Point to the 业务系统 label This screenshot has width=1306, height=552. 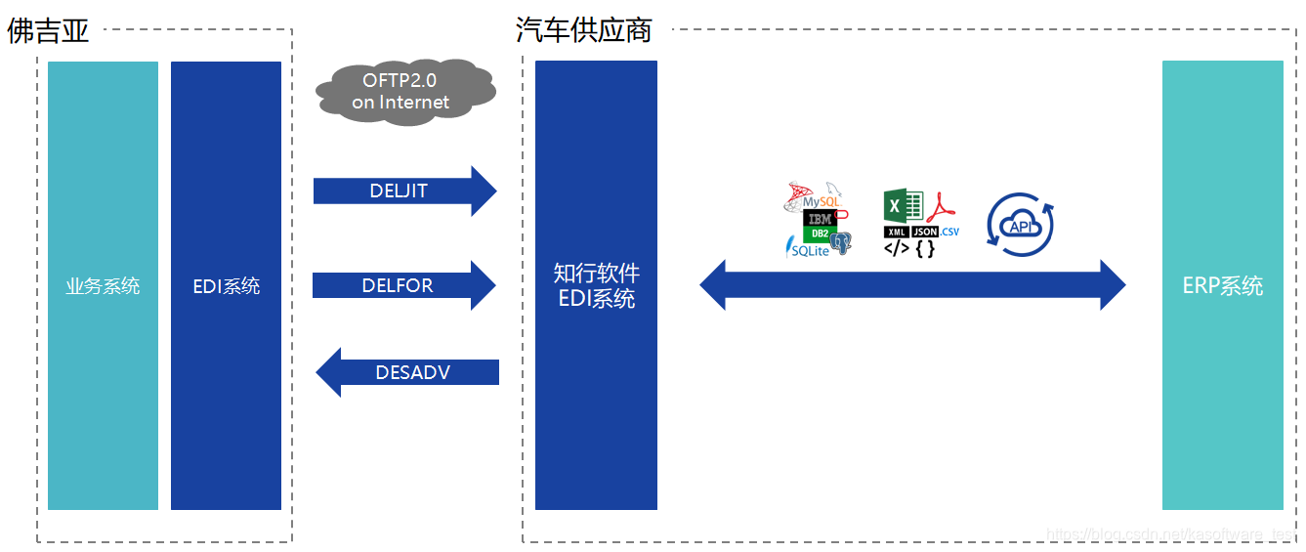103,286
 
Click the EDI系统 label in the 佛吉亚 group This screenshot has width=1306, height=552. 227,286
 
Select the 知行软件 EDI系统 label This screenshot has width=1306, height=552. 596,285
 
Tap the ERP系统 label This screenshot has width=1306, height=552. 1222,286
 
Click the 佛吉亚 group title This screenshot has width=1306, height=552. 49,31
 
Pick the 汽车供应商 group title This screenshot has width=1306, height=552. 583,30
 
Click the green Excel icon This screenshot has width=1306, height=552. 903,206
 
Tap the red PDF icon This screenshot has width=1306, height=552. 942,207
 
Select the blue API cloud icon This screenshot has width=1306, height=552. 1021,226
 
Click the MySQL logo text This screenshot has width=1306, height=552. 821,202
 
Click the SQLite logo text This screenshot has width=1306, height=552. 810,251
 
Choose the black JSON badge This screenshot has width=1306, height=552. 925,232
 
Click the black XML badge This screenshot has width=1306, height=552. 896,232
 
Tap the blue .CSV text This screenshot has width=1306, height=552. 949,232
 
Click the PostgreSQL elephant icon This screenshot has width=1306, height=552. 841,243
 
